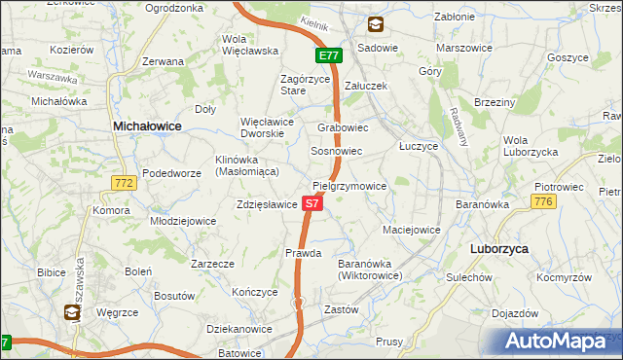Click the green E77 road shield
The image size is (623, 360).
tap(328, 55)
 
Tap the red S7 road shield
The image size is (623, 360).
tap(311, 203)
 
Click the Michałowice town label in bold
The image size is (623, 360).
tap(148, 126)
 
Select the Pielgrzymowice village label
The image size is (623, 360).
tap(349, 186)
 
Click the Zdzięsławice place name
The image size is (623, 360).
tap(266, 205)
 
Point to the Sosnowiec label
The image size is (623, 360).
tap(336, 152)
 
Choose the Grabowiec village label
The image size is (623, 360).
tap(342, 127)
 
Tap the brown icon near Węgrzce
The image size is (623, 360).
tap(73, 312)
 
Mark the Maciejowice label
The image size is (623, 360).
tap(412, 231)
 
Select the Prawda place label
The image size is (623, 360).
tap(304, 253)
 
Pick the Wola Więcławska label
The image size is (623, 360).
tap(244, 44)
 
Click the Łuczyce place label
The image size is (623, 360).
tap(419, 145)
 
